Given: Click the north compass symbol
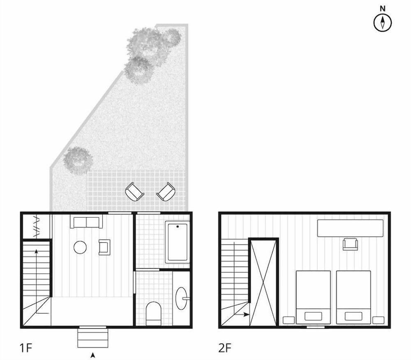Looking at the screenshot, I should point(382,22).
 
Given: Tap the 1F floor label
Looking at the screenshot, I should point(26,348).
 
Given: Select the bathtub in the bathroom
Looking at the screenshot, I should point(178,242).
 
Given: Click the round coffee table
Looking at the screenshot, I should point(80,247).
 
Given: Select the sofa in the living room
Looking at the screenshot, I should point(87,222).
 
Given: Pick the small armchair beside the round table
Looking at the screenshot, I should point(104,247).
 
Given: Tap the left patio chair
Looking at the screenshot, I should point(135,192).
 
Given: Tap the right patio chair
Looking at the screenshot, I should point(166,191).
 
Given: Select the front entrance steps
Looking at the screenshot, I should point(92,337).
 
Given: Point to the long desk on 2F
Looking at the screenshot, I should point(350,228).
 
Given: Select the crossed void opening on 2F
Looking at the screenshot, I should point(264,282).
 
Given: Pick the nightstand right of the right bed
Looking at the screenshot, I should point(378,320).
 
